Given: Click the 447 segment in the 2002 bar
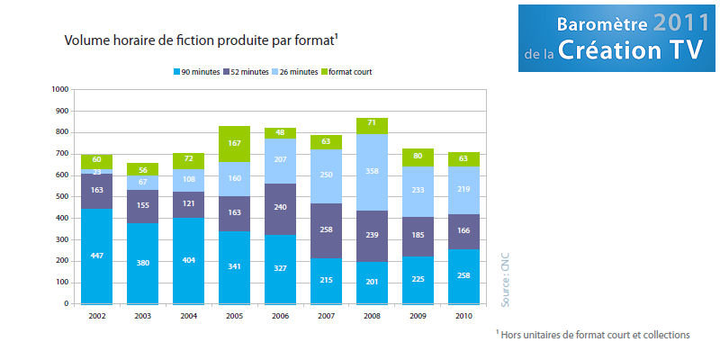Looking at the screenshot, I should click(96, 256).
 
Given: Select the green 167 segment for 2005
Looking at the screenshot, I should click(235, 144).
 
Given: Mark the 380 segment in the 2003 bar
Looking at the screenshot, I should click(142, 264).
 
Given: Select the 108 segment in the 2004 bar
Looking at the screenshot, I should click(189, 179).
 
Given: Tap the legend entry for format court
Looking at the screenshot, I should click(351, 72).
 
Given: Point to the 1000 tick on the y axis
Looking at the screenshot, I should click(60, 89).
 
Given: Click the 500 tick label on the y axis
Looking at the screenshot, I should click(61, 196).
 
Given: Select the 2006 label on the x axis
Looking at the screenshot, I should click(281, 317).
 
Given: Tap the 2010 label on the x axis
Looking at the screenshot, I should click(464, 317).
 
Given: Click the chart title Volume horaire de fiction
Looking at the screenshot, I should click(200, 40).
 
